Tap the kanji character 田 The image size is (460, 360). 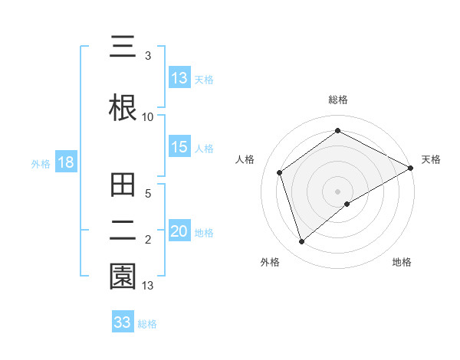123,186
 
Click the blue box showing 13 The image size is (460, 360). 179,78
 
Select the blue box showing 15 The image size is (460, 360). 179,148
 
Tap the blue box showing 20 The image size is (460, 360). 179,232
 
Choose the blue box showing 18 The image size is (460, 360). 65,163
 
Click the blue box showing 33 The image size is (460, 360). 123,322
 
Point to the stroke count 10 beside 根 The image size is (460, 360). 147,116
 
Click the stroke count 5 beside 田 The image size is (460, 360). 149,195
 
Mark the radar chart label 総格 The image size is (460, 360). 338,100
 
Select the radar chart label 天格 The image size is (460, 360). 431,159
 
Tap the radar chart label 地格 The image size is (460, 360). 402,262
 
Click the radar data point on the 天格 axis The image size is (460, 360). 411,168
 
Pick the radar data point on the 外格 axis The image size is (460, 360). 302,242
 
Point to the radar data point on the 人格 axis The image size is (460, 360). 280,172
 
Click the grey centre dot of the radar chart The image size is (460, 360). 338,191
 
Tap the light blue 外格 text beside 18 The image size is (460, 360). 41,164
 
